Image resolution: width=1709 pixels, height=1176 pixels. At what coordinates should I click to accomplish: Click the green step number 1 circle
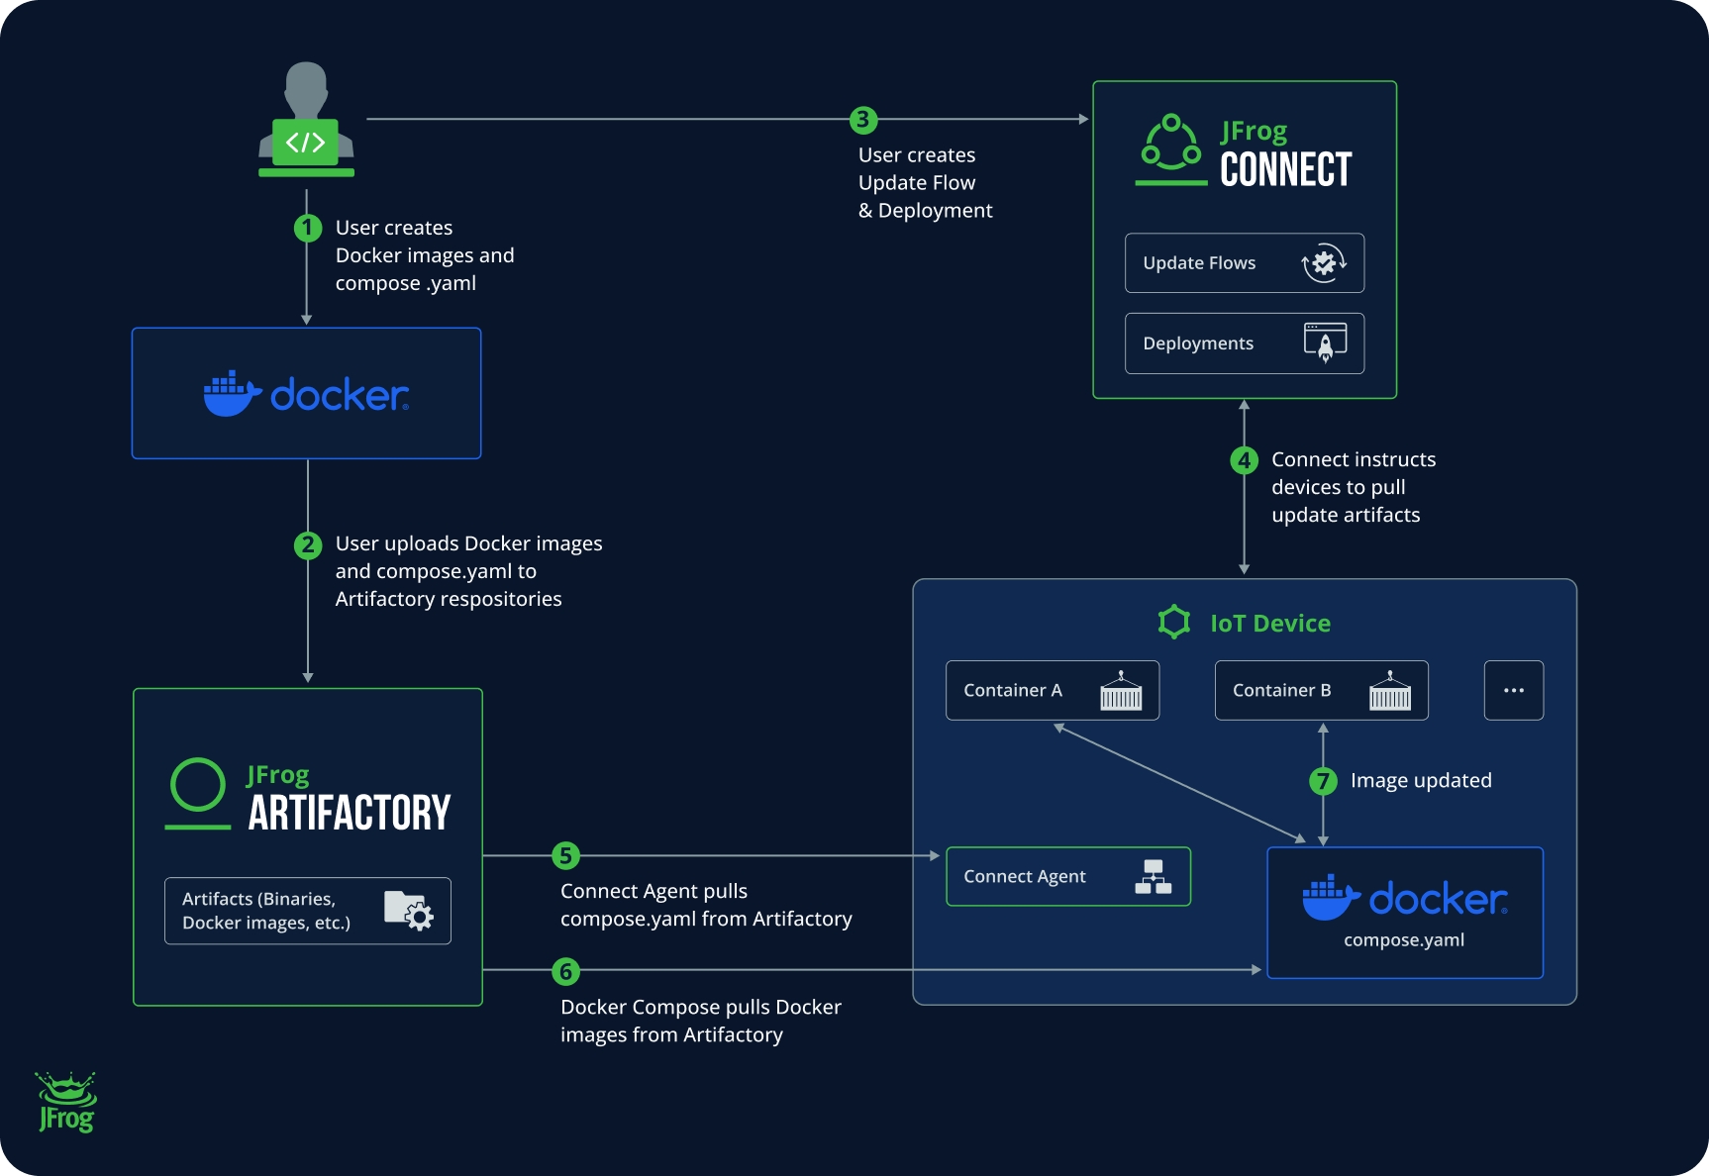click(308, 229)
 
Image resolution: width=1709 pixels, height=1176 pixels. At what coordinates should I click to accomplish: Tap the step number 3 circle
click(863, 120)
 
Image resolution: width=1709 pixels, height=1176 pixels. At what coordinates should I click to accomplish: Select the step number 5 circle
click(565, 855)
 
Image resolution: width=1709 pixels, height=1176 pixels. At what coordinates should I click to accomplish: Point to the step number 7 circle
click(1323, 781)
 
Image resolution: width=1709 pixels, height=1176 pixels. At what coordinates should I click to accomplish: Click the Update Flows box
click(1244, 263)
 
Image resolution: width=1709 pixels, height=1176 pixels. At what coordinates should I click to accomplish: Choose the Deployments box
click(1244, 343)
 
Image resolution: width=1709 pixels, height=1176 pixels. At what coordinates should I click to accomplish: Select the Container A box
click(1052, 690)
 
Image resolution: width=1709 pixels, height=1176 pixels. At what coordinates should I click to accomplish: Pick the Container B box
click(1321, 690)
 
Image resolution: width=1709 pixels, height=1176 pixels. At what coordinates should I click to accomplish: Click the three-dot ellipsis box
click(1513, 690)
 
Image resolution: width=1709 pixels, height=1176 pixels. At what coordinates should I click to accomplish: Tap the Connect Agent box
click(1067, 876)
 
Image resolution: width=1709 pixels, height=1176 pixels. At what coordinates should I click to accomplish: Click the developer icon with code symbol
click(306, 124)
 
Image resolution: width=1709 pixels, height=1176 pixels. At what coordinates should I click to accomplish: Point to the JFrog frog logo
click(66, 1102)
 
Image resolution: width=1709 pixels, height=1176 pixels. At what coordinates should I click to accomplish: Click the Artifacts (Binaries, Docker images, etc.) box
click(307, 911)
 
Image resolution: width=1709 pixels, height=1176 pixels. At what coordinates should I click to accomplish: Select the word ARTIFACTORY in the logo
click(350, 814)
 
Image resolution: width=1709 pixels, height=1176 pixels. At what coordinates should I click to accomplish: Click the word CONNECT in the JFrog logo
click(1285, 170)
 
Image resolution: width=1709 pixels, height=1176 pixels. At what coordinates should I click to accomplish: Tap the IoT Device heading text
click(1270, 624)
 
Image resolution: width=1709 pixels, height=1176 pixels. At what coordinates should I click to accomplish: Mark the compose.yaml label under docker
click(1403, 940)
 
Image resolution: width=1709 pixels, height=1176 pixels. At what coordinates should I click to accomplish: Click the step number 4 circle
click(1244, 460)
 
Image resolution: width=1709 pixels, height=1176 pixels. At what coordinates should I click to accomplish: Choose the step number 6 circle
click(565, 971)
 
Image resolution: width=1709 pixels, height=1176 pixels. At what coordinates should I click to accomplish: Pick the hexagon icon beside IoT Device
click(1174, 622)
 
